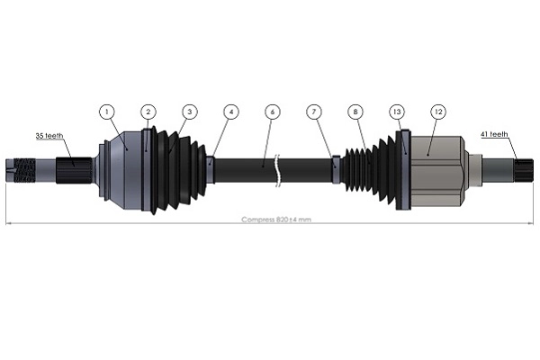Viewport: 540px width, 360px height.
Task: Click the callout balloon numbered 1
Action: (107, 112)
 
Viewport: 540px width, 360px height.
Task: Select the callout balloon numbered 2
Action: (148, 112)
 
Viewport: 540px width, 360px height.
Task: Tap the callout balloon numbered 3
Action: (189, 112)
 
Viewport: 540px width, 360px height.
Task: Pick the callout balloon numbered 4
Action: (231, 112)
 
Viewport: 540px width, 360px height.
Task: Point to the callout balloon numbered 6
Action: (272, 112)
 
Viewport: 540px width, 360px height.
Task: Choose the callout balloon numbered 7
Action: (313, 112)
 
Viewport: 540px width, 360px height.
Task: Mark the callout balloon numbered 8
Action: (355, 112)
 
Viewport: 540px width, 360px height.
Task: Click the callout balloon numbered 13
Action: (397, 112)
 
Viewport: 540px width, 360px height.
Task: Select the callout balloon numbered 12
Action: (438, 112)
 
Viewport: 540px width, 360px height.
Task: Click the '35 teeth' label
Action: (49, 135)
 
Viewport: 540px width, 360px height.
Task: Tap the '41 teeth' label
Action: (493, 134)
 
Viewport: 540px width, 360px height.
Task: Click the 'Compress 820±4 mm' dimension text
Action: (275, 220)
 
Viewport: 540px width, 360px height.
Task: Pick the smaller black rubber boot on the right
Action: (369, 170)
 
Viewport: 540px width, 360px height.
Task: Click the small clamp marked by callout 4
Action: (210, 169)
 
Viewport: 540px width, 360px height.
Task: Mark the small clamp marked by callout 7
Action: (336, 169)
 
